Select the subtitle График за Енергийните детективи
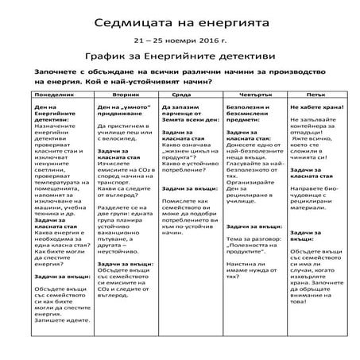[x=180, y=56]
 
